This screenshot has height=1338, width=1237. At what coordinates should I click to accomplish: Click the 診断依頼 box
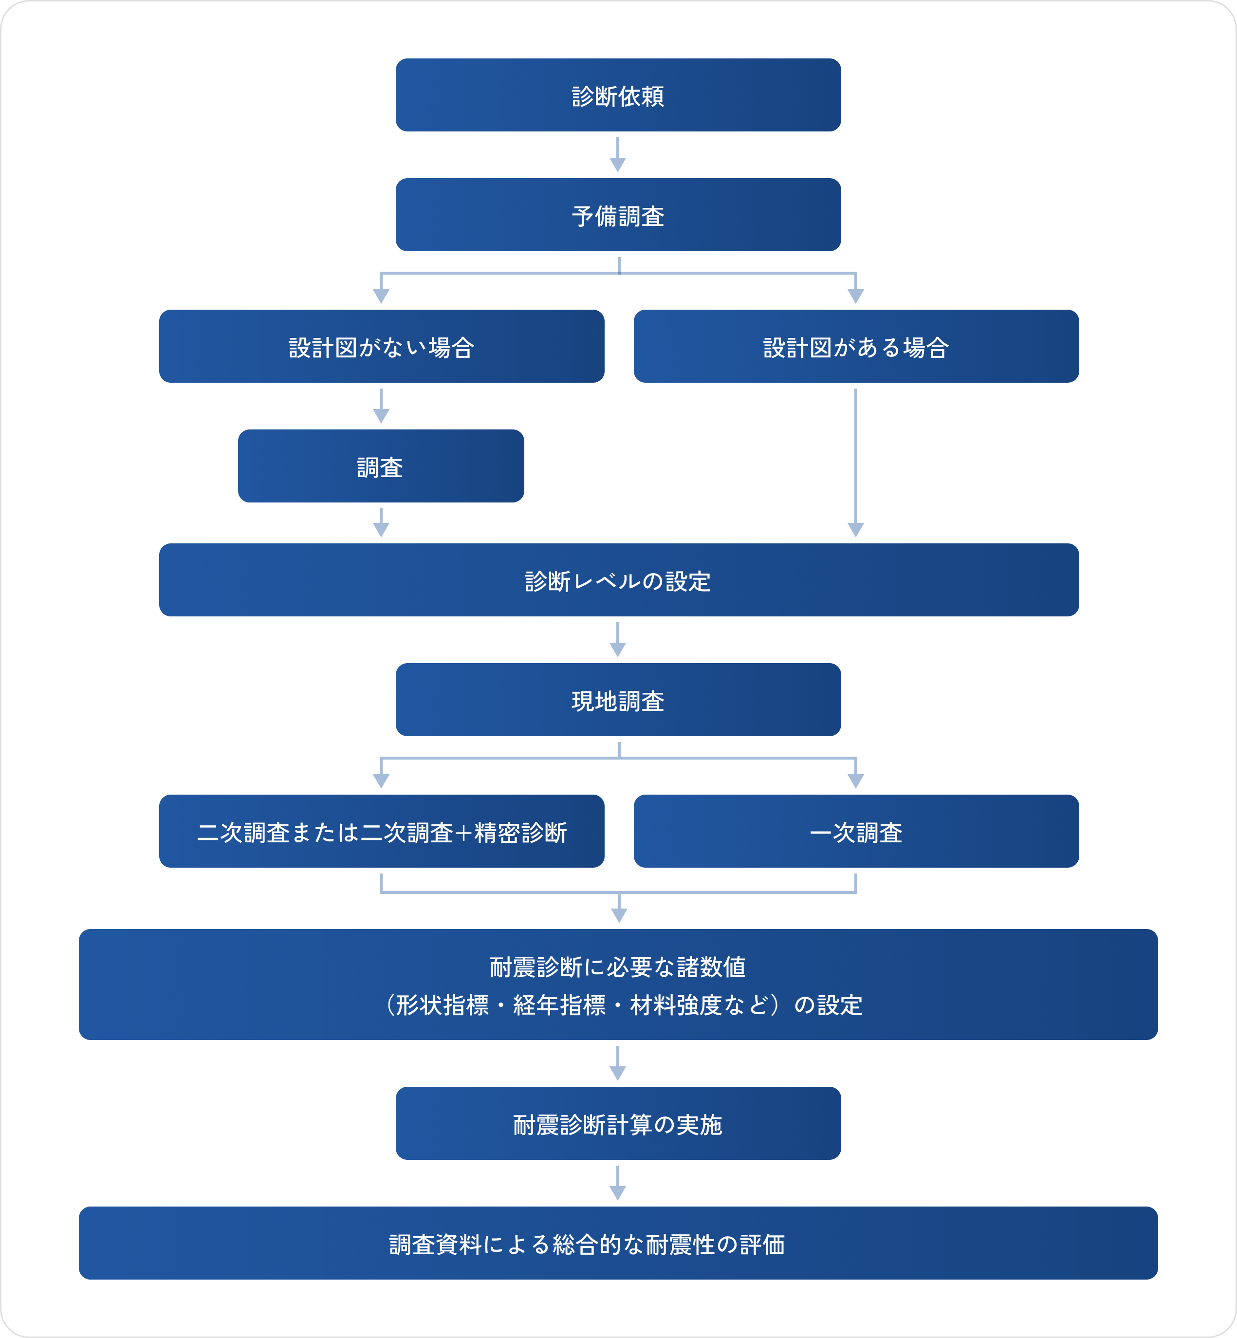[x=618, y=95]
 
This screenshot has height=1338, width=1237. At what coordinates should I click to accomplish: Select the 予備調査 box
[x=618, y=215]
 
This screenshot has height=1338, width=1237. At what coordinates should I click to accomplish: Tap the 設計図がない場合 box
[x=382, y=346]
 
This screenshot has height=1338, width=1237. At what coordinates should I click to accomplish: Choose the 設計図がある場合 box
[x=856, y=346]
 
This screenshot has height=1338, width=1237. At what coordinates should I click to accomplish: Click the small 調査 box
[x=381, y=466]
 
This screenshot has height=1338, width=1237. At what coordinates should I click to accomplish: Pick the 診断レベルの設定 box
[x=618, y=579]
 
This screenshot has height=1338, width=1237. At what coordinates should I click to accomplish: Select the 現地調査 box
[x=618, y=700]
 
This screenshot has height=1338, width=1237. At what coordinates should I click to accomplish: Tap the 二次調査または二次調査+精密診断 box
[x=382, y=831]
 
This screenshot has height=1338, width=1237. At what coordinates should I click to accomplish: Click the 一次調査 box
[x=856, y=831]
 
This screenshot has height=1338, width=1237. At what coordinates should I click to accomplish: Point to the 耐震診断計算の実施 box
[x=618, y=1123]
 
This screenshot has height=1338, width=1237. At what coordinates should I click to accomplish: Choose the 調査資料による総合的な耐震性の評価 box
[x=618, y=1243]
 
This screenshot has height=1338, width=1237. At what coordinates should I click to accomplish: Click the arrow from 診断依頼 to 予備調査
[x=618, y=155]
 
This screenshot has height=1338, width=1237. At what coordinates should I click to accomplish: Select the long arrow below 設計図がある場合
[x=856, y=462]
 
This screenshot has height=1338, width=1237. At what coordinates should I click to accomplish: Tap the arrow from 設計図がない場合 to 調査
[x=381, y=406]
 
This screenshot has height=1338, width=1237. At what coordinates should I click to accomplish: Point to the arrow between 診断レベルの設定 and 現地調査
[x=618, y=640]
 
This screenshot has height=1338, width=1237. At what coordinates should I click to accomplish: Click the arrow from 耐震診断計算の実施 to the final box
[x=618, y=1183]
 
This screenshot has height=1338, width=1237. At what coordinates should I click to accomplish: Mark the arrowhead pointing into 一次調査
[x=856, y=780]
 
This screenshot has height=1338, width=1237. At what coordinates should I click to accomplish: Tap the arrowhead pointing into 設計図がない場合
[x=381, y=296]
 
